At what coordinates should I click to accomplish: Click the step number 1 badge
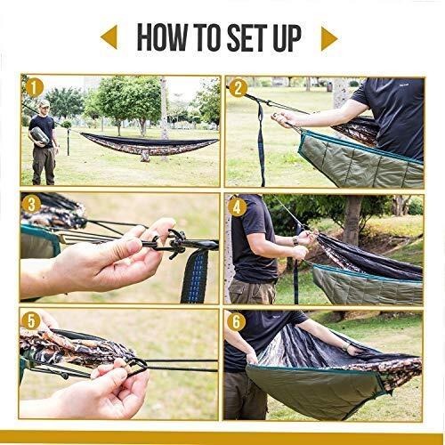35,88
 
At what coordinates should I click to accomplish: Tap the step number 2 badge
239,88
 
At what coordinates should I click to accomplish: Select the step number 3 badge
31,205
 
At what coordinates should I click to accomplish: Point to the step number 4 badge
237,207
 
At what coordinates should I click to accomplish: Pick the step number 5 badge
31,321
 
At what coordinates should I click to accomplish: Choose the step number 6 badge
237,322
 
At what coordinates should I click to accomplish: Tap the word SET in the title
248,37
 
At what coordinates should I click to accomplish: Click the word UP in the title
287,37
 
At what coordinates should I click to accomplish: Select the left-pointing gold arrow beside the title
109,37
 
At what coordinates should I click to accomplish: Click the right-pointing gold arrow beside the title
329,38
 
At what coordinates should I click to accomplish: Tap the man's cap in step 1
44,102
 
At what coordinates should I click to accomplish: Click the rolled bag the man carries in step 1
40,136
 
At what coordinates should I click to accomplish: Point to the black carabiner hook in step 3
175,243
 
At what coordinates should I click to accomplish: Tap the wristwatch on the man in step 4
295,240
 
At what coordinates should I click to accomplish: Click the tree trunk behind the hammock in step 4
352,221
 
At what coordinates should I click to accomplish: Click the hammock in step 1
150,145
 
